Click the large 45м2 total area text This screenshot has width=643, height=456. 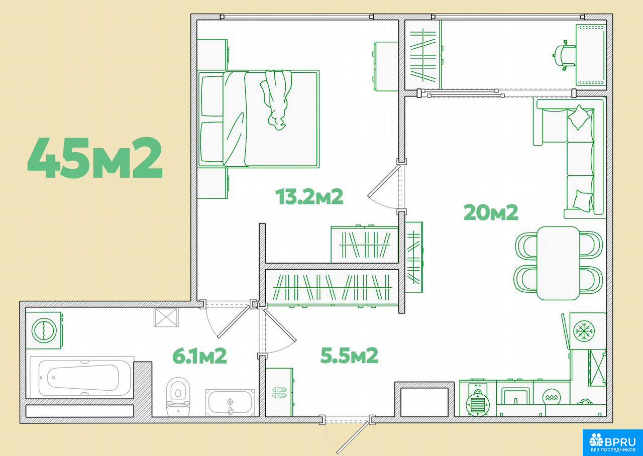[95, 158]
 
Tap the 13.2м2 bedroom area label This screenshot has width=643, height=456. [309, 196]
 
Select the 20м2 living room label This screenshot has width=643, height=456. [491, 212]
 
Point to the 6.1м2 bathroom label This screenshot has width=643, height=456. [199, 356]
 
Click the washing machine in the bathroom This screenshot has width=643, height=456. [44, 330]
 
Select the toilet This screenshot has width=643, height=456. [178, 397]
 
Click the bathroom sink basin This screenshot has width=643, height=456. [230, 402]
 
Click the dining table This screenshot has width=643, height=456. [558, 263]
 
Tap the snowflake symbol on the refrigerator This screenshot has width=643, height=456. [584, 331]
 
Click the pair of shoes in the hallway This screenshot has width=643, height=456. [279, 392]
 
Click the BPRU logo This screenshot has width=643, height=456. [612, 442]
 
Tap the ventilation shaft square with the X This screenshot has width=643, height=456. [166, 317]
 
